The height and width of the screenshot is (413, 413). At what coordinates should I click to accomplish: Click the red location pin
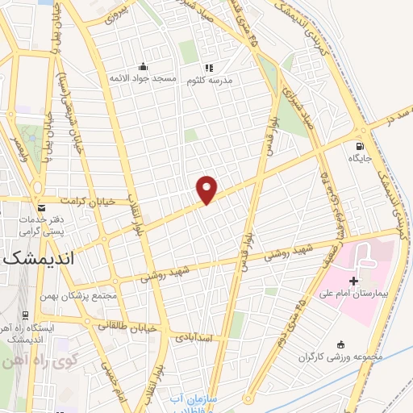point(207,188)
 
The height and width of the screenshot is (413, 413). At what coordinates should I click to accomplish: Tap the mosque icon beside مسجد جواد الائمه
point(144,67)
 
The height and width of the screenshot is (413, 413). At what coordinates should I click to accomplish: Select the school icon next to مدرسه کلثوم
point(209,68)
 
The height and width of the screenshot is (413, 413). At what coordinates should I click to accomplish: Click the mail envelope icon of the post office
point(39,206)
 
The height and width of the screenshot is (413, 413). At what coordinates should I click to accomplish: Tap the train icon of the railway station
point(26,315)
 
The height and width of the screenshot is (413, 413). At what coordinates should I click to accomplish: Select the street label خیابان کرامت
point(91,201)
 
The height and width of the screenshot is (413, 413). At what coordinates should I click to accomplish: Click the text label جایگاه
point(360,159)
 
